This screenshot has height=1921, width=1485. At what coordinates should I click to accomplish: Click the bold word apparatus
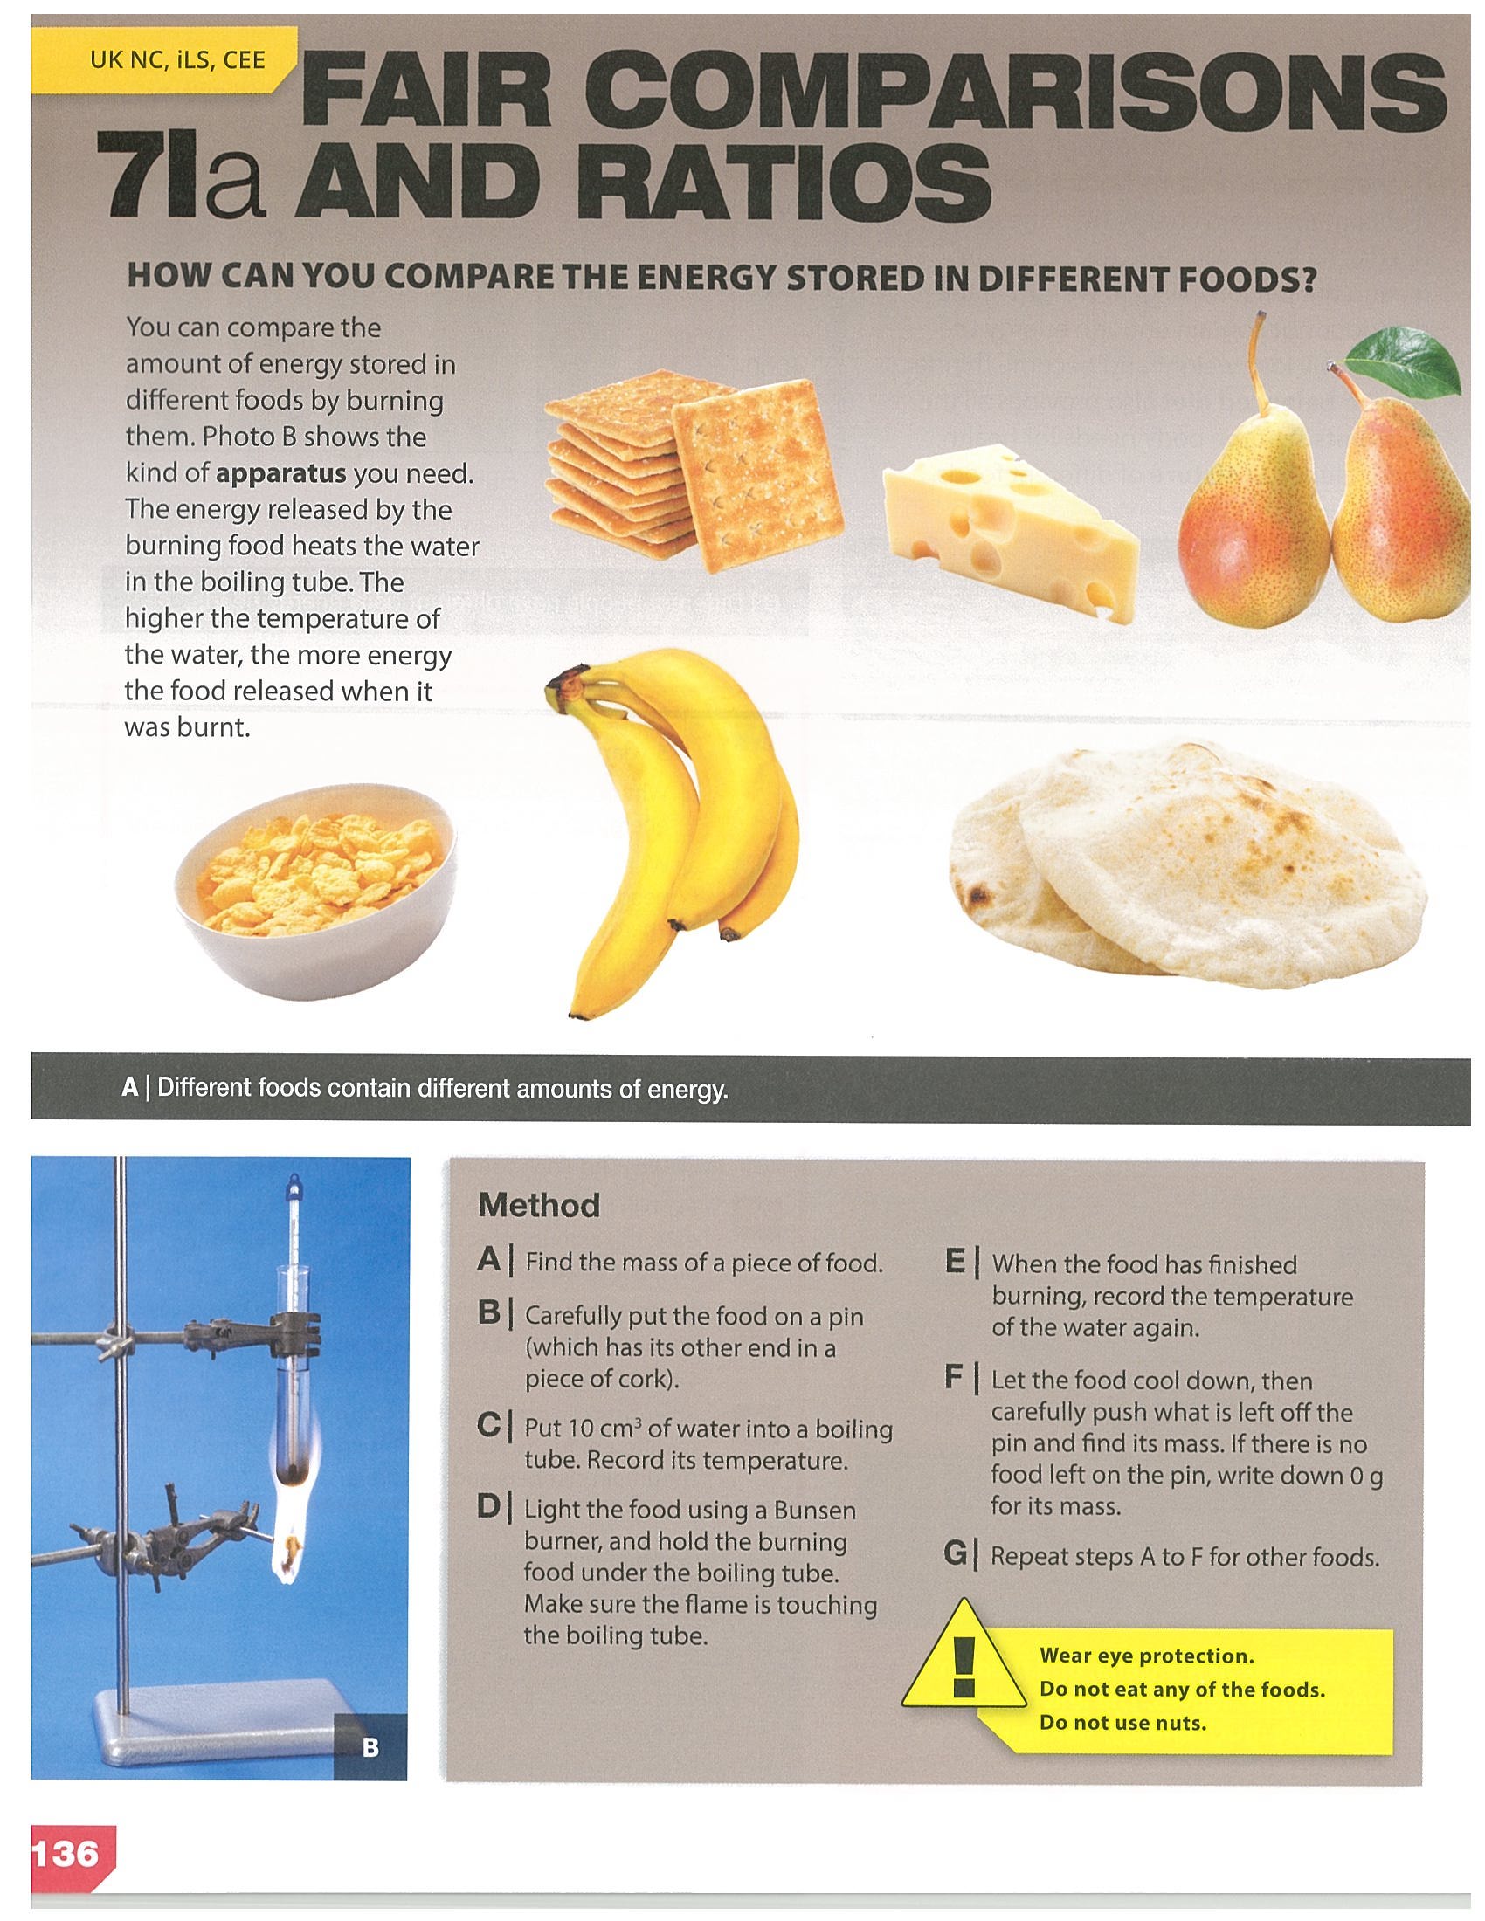point(280,474)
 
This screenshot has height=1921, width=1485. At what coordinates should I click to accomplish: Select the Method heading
point(538,1205)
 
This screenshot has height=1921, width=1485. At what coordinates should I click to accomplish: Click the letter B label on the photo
point(370,1747)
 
